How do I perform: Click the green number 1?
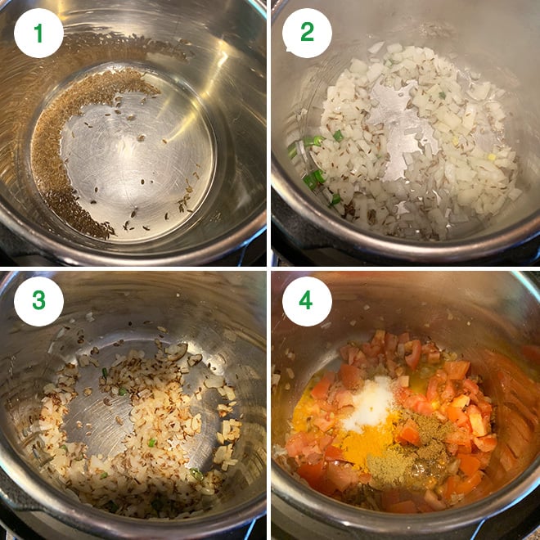point(38,33)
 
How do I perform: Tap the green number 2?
point(307,33)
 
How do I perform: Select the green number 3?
point(38,299)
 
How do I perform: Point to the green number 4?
point(306,299)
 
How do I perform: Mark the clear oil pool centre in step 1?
point(137,155)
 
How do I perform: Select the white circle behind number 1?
point(38,33)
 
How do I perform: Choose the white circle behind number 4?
point(307,301)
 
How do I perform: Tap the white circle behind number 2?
point(307,33)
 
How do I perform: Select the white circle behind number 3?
point(38,301)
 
